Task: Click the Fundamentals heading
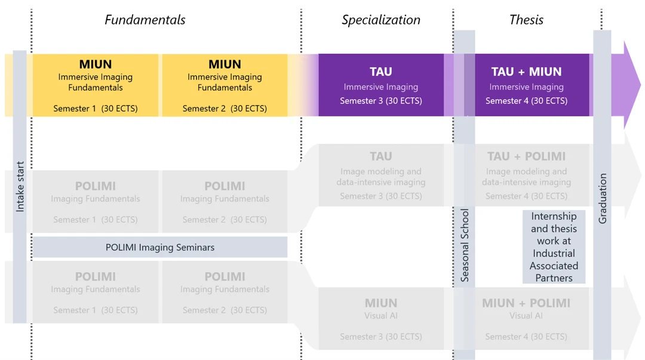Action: point(145,20)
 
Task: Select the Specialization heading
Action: point(381,20)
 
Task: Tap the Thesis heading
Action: point(526,20)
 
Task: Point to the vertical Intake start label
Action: point(20,187)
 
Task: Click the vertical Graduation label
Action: point(602,199)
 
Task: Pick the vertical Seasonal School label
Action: point(465,245)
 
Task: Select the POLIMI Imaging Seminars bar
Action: point(160,247)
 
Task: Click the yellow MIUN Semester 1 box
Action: point(96,85)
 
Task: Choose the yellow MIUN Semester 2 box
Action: point(225,85)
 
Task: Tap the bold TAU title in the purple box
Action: point(381,72)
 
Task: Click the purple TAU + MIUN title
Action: point(526,72)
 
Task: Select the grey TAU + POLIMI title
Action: point(526,156)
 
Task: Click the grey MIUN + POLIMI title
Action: point(526,303)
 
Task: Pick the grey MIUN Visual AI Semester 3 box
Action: point(381,319)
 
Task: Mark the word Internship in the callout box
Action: point(554,216)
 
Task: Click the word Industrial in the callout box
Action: point(554,254)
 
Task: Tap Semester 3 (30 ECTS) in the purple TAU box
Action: point(381,101)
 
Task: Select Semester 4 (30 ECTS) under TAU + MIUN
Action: point(526,101)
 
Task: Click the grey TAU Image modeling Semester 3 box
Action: point(381,175)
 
